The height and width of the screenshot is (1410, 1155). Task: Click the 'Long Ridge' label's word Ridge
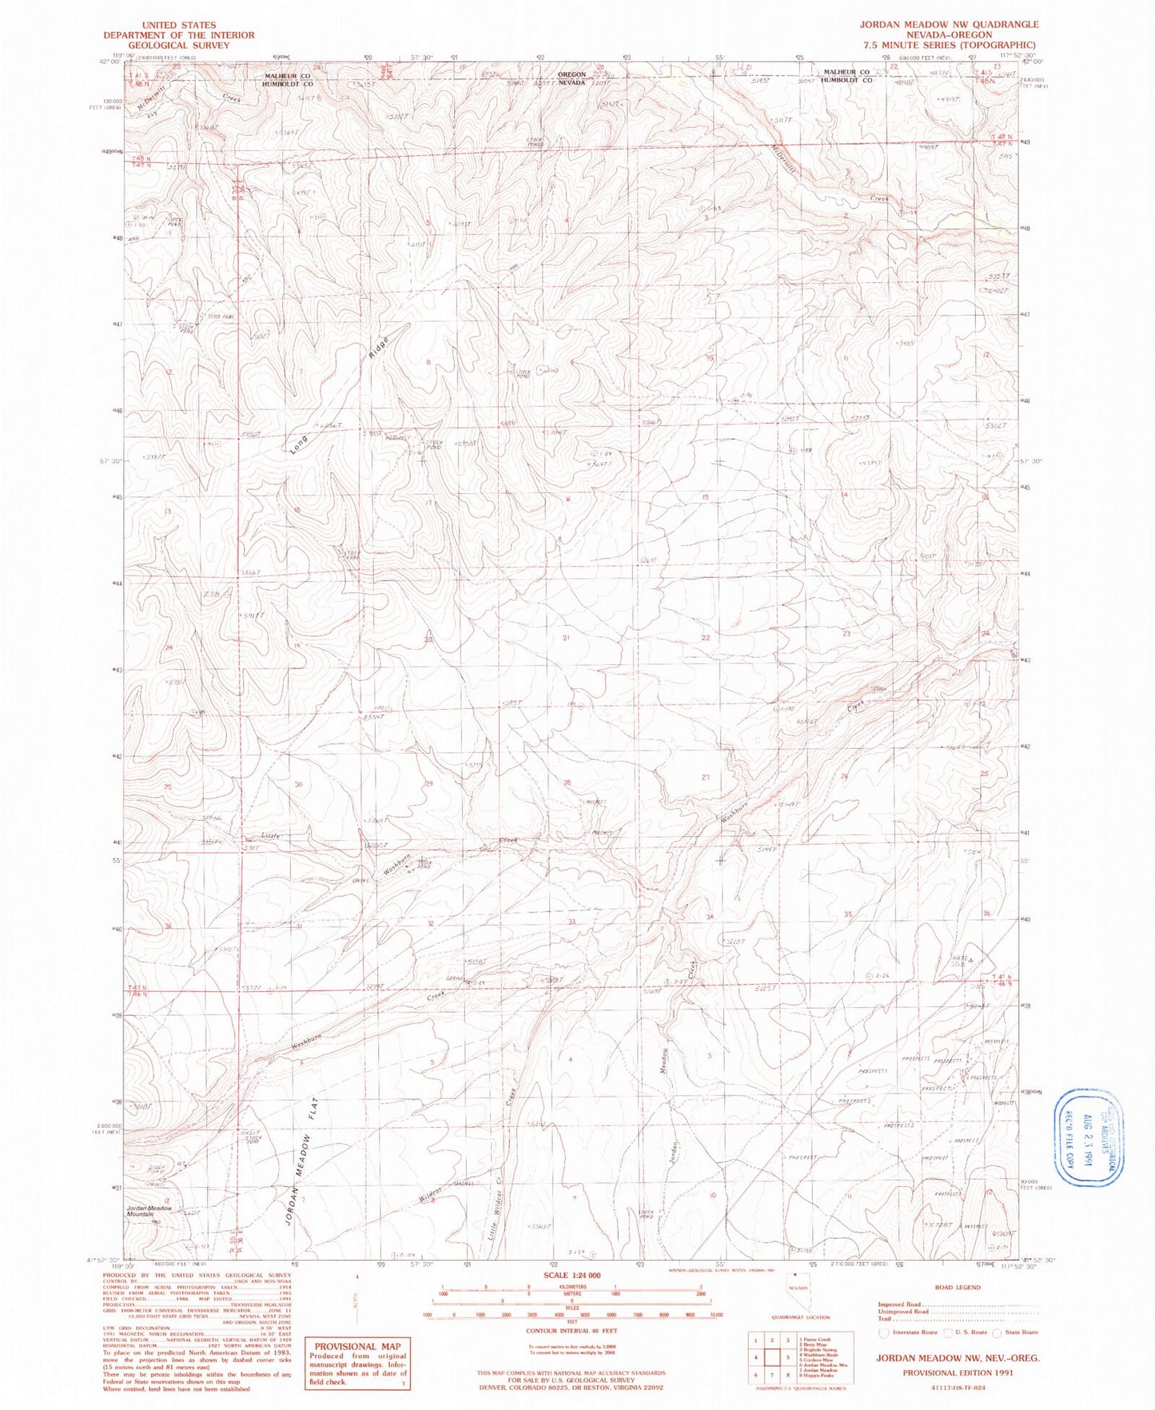[x=380, y=350]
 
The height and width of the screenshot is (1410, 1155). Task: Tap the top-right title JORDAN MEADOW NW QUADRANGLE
[x=949, y=25]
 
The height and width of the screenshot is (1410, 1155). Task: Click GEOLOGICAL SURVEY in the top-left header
[x=178, y=46]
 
